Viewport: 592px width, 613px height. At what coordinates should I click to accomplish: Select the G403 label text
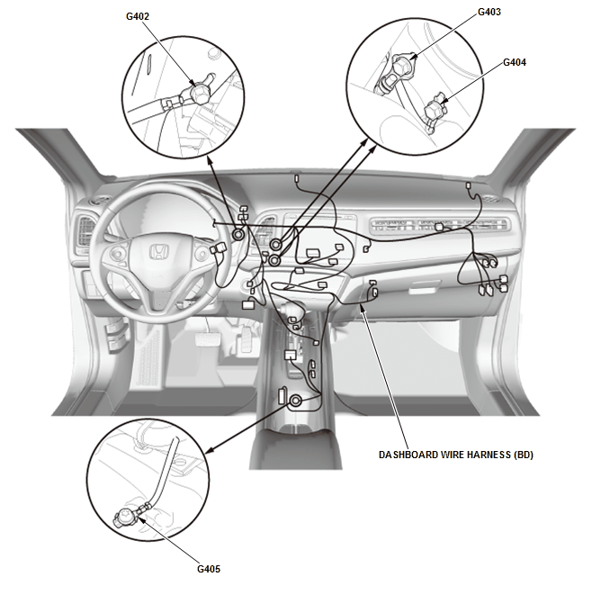click(489, 12)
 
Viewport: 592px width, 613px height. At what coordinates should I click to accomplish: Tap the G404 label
click(515, 62)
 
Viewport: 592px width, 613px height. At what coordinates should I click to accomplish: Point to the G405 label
click(210, 569)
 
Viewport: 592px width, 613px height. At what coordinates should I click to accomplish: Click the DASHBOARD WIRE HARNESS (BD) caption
click(456, 455)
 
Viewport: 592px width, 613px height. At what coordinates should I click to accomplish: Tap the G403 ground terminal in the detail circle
click(412, 66)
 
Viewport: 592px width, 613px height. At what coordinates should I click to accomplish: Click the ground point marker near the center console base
click(294, 399)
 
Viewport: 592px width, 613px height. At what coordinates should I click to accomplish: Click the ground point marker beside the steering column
click(238, 234)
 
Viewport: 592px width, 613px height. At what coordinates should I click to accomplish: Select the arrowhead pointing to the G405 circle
click(210, 451)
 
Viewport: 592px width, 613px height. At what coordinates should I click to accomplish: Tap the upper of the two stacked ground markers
click(276, 242)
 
